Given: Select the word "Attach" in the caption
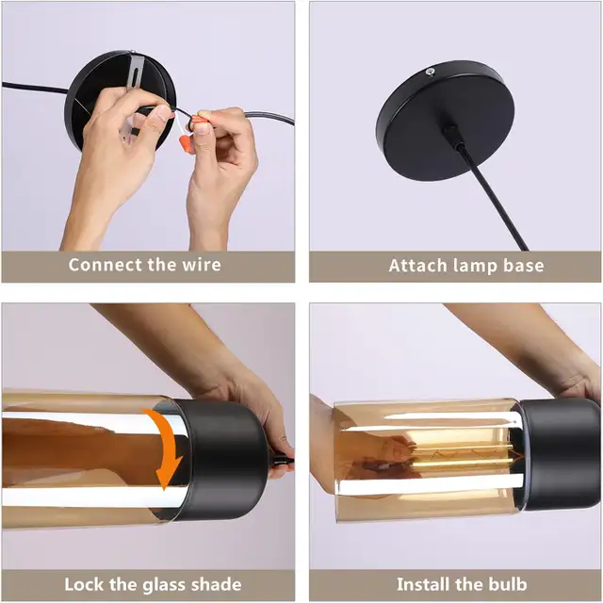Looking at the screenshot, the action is tap(418, 266).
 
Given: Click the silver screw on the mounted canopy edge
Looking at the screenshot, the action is tap(431, 71).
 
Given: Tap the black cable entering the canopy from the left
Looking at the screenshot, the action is tap(35, 88).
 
